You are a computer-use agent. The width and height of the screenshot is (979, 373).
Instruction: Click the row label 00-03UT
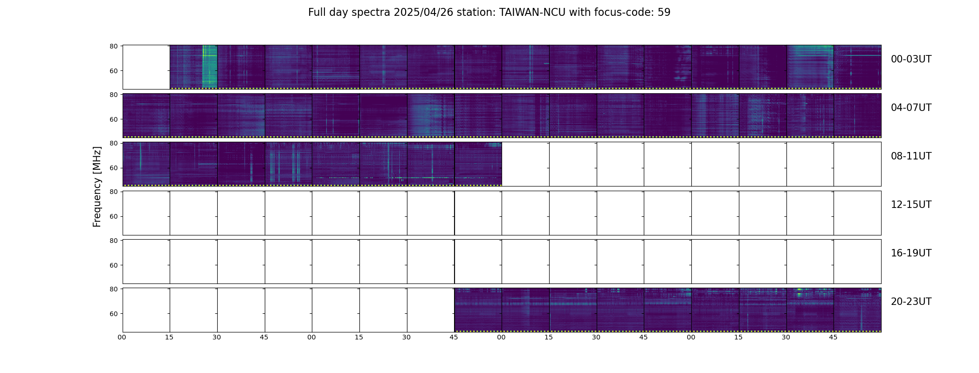coord(911,59)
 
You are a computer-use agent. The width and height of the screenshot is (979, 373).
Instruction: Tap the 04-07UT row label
coord(911,108)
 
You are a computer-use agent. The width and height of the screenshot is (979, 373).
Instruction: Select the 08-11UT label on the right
coord(911,156)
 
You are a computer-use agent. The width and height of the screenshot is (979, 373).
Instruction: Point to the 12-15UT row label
coord(911,205)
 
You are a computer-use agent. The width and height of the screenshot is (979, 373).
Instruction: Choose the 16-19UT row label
coord(911,253)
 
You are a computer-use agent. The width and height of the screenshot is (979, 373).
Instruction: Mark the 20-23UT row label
coord(911,302)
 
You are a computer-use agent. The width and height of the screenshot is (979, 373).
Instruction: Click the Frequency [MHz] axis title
coord(97,186)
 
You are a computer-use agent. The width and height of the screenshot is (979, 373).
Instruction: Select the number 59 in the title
coord(664,13)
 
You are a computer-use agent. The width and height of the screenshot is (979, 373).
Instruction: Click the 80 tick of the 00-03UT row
coord(113,46)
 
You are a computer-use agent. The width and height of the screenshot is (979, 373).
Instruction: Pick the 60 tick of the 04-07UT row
coord(113,119)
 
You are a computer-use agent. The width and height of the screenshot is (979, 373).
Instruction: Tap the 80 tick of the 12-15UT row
coord(113,192)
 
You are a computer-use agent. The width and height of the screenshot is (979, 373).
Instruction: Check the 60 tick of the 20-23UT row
coord(113,314)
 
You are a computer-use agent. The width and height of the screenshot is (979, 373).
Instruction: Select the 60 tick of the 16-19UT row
coord(113,265)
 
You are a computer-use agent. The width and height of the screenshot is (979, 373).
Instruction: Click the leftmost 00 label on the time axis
coord(122,337)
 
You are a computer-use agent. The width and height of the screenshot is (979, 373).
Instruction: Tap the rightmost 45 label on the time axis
coord(833,337)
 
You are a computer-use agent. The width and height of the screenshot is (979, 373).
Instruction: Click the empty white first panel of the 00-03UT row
coord(146,67)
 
